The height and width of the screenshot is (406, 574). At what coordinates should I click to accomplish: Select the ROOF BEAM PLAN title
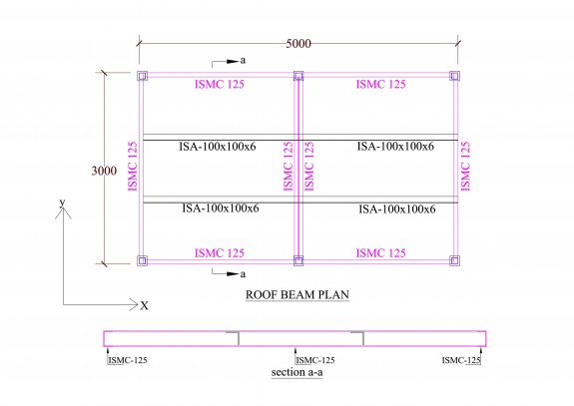click(x=297, y=296)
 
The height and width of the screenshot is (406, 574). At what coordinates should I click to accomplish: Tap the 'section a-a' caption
click(x=297, y=373)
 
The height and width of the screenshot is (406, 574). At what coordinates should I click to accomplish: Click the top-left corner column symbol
click(x=142, y=76)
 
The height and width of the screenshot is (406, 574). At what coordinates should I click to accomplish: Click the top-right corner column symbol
click(x=454, y=76)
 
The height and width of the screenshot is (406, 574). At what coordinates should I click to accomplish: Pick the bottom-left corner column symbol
click(x=142, y=261)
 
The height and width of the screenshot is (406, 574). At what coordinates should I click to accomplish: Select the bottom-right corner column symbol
click(x=454, y=261)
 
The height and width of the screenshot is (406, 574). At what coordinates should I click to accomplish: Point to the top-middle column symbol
click(x=297, y=76)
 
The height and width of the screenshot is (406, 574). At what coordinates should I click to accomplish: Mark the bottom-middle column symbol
click(x=297, y=261)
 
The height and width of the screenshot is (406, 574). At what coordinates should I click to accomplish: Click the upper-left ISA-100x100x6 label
click(x=220, y=147)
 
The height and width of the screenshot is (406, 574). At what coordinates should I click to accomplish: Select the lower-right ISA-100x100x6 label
click(x=396, y=209)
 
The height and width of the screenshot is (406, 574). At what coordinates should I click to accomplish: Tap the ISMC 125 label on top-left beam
click(x=220, y=85)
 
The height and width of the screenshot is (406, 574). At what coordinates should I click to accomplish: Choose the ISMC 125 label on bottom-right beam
click(x=379, y=252)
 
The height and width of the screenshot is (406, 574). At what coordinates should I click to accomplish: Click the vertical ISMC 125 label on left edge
click(x=131, y=166)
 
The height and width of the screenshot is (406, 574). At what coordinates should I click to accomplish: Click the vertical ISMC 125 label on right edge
click(x=464, y=166)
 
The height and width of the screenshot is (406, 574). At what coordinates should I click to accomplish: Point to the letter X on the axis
click(x=144, y=305)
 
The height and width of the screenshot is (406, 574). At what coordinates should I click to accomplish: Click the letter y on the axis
click(x=62, y=203)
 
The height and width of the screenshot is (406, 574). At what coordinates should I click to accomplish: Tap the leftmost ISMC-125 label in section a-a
click(x=127, y=359)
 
